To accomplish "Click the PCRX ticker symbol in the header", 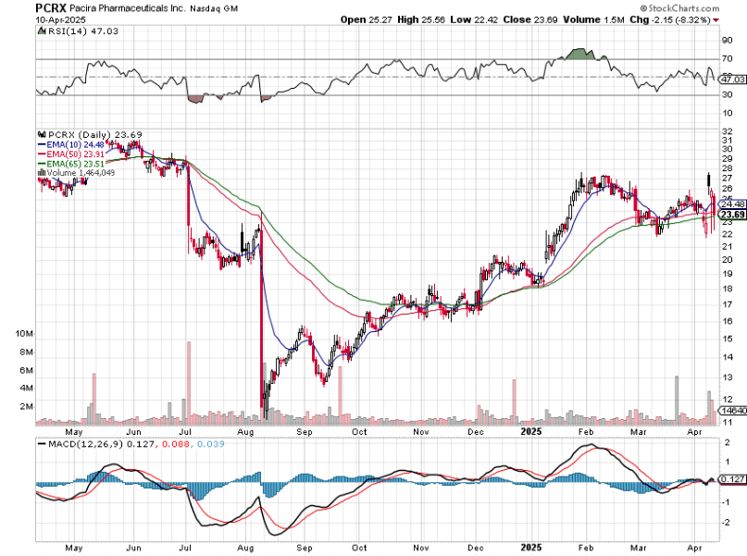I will tap(50, 6).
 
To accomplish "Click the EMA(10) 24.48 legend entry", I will tap(67, 143).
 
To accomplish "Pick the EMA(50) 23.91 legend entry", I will tap(67, 153).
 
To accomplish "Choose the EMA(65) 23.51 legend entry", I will tap(67, 162).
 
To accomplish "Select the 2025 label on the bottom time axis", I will tap(531, 431).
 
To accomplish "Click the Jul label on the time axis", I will tap(185, 431).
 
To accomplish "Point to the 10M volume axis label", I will tap(25, 333).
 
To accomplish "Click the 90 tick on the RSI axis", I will tap(727, 41).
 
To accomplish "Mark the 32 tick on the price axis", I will tap(728, 130).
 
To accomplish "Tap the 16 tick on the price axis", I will tap(728, 321).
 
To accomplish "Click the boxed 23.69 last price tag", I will tap(731, 216).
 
